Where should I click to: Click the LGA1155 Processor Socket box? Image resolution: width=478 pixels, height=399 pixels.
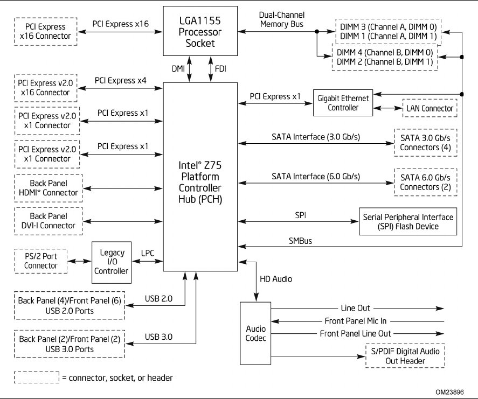tap(200, 31)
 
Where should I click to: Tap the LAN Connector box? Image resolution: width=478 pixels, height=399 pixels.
tap(429, 108)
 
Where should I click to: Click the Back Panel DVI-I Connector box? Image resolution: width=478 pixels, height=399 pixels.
tap(48, 221)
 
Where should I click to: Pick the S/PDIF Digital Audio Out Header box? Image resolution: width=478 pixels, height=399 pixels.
tap(405, 356)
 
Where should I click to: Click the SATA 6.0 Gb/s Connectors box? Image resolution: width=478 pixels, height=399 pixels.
tap(426, 183)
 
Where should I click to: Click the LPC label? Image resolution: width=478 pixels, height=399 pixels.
tap(148, 253)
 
